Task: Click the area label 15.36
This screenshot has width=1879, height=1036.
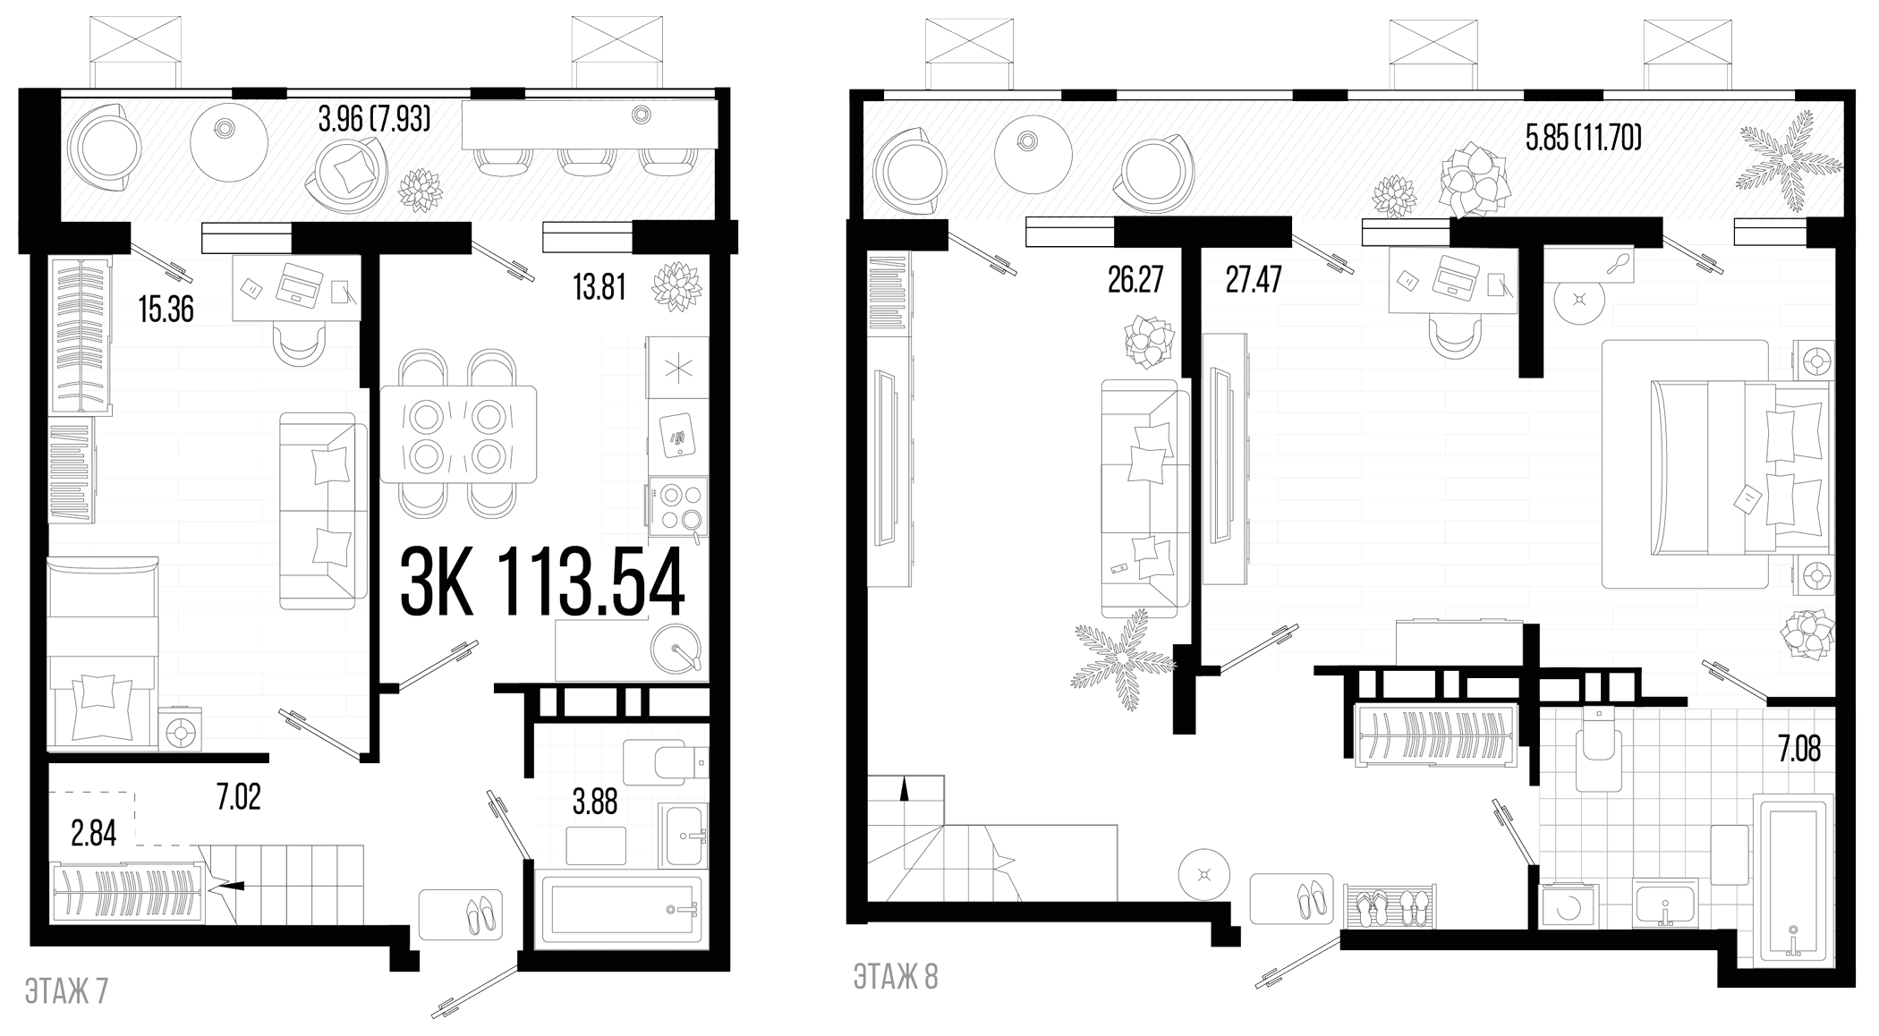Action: [x=166, y=310]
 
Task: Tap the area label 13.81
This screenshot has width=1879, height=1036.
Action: [x=599, y=288]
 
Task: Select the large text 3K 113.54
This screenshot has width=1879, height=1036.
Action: [x=542, y=582]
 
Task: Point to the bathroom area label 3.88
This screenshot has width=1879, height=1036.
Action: [x=595, y=802]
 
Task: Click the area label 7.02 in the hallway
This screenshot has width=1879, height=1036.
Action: [x=239, y=797]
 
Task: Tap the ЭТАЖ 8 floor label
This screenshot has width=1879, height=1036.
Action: [x=896, y=978]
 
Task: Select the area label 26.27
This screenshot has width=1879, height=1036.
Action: [x=1135, y=280]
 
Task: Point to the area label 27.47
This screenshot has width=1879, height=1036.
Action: [x=1253, y=280]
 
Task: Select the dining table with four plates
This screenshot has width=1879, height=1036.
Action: [x=458, y=434]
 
